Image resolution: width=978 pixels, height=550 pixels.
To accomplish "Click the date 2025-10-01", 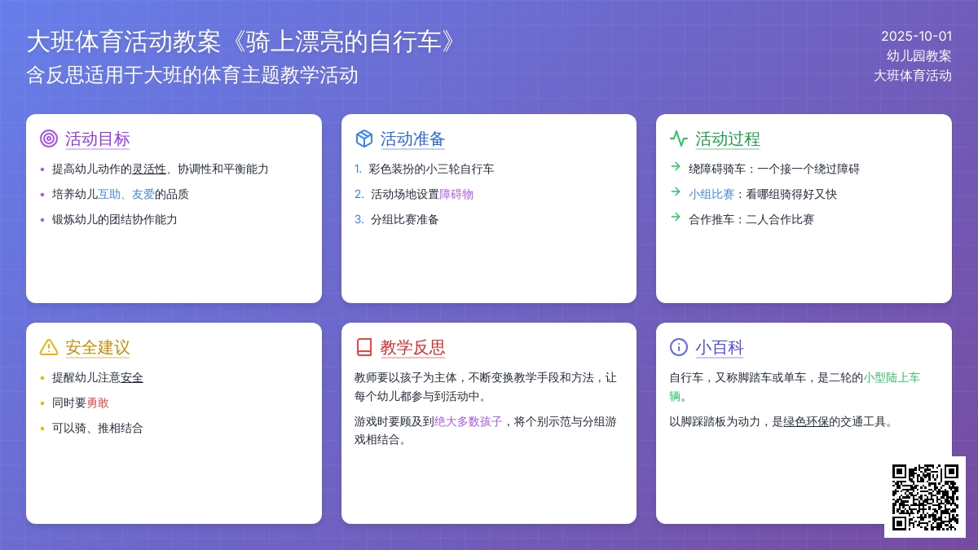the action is click(x=916, y=36).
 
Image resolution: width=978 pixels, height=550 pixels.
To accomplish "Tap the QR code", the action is click(x=925, y=497).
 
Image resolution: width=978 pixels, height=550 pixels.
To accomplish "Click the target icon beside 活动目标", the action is click(x=49, y=139).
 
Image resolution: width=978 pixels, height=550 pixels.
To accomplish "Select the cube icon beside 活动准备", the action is click(x=364, y=139).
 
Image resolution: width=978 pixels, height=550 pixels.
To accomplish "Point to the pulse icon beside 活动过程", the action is click(x=678, y=139).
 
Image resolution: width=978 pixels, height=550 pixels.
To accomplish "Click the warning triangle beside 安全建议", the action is click(x=49, y=347).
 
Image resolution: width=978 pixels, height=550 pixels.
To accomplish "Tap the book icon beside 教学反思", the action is click(x=364, y=347).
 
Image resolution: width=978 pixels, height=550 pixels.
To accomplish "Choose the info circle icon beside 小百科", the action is click(x=678, y=347).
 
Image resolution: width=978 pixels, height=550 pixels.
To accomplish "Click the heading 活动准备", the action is click(x=412, y=139).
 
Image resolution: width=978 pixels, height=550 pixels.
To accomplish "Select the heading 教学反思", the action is click(x=412, y=347).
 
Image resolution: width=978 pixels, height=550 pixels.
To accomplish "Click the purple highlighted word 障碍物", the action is click(x=456, y=194).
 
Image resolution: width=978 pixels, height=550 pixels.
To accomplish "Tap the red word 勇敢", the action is click(x=97, y=403).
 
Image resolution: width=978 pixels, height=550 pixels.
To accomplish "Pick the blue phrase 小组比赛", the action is click(x=711, y=194).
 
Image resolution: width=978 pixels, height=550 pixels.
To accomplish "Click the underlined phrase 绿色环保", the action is click(x=806, y=422).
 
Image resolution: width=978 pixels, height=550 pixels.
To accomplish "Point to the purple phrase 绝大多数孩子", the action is click(x=468, y=422).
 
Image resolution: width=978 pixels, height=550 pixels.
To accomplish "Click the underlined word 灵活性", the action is click(x=149, y=169).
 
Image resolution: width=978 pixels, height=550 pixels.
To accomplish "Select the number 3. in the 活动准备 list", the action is click(x=359, y=219).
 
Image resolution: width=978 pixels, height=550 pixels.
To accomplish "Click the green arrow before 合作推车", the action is click(x=676, y=218).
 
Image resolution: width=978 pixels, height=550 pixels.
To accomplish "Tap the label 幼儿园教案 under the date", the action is click(x=919, y=56).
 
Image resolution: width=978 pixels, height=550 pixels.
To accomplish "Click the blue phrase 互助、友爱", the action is click(x=126, y=194).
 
